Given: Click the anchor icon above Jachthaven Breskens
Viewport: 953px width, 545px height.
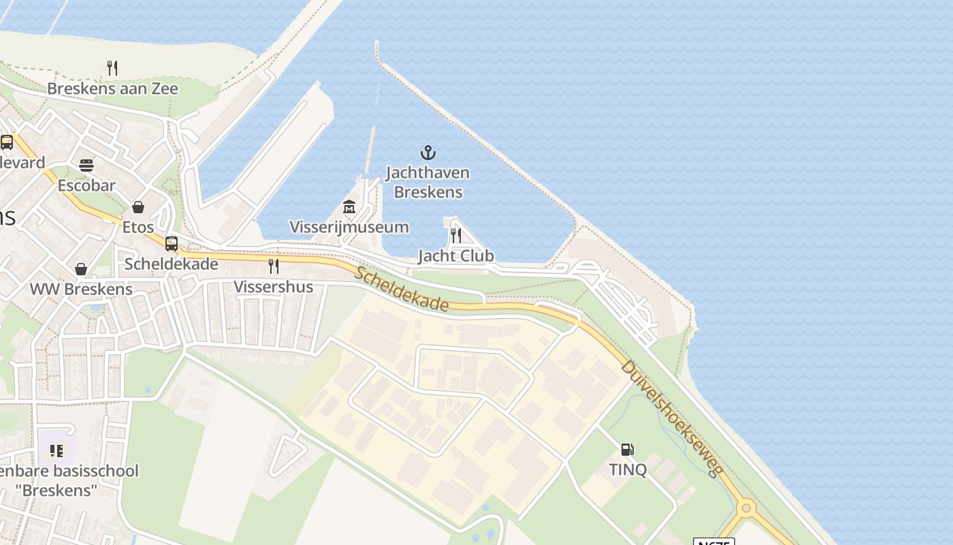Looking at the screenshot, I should point(427,153).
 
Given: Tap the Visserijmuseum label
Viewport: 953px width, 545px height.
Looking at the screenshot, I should point(349,227).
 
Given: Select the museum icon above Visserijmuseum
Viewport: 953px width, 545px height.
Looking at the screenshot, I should point(349,206).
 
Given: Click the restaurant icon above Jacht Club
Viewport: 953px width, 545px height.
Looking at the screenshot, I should point(456,236).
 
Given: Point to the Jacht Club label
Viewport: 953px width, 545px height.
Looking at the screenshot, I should point(455,255).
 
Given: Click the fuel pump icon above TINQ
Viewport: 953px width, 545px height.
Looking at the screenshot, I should point(627,450).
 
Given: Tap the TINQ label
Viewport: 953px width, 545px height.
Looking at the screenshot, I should point(628,469).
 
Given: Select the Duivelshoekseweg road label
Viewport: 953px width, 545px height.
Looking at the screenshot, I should point(671,418).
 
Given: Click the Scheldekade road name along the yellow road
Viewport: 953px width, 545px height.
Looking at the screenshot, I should point(401,289).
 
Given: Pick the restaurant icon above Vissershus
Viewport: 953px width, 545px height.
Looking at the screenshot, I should point(274,266).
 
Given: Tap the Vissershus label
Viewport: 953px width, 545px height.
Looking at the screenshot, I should point(274,286).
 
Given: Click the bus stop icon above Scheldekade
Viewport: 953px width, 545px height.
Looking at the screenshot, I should point(172,243).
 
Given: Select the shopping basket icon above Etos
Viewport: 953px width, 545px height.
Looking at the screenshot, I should point(138,206).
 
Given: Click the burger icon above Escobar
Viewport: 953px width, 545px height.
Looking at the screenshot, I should point(86,166).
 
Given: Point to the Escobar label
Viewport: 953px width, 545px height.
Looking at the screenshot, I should point(86,185).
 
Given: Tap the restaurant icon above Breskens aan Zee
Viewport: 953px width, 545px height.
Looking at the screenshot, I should point(112,67).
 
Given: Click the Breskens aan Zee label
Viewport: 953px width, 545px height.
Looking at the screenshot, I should point(112,89).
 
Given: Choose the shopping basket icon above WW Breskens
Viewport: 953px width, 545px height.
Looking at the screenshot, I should point(81,269).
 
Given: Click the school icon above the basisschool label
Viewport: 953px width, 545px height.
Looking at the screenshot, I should point(56,450).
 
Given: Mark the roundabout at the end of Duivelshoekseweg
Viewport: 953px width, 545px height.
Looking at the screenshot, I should point(746,508).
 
